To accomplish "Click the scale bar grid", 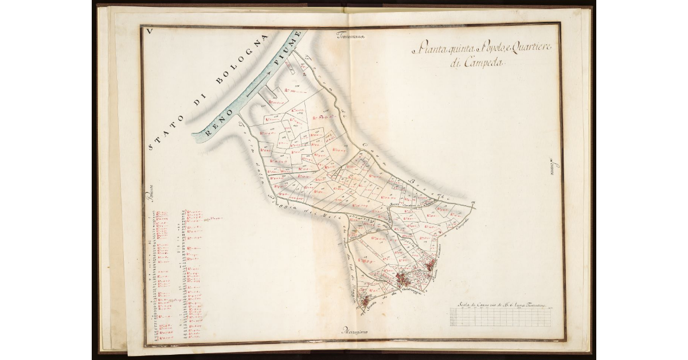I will [502, 317].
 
